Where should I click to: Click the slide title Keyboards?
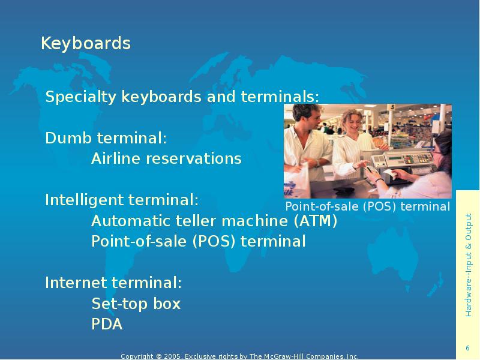85,44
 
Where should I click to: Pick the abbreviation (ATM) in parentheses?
316,221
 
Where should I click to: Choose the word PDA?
107,325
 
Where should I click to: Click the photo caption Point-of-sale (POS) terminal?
367,206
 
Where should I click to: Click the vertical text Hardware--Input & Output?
468,265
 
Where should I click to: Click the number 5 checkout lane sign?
391,107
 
